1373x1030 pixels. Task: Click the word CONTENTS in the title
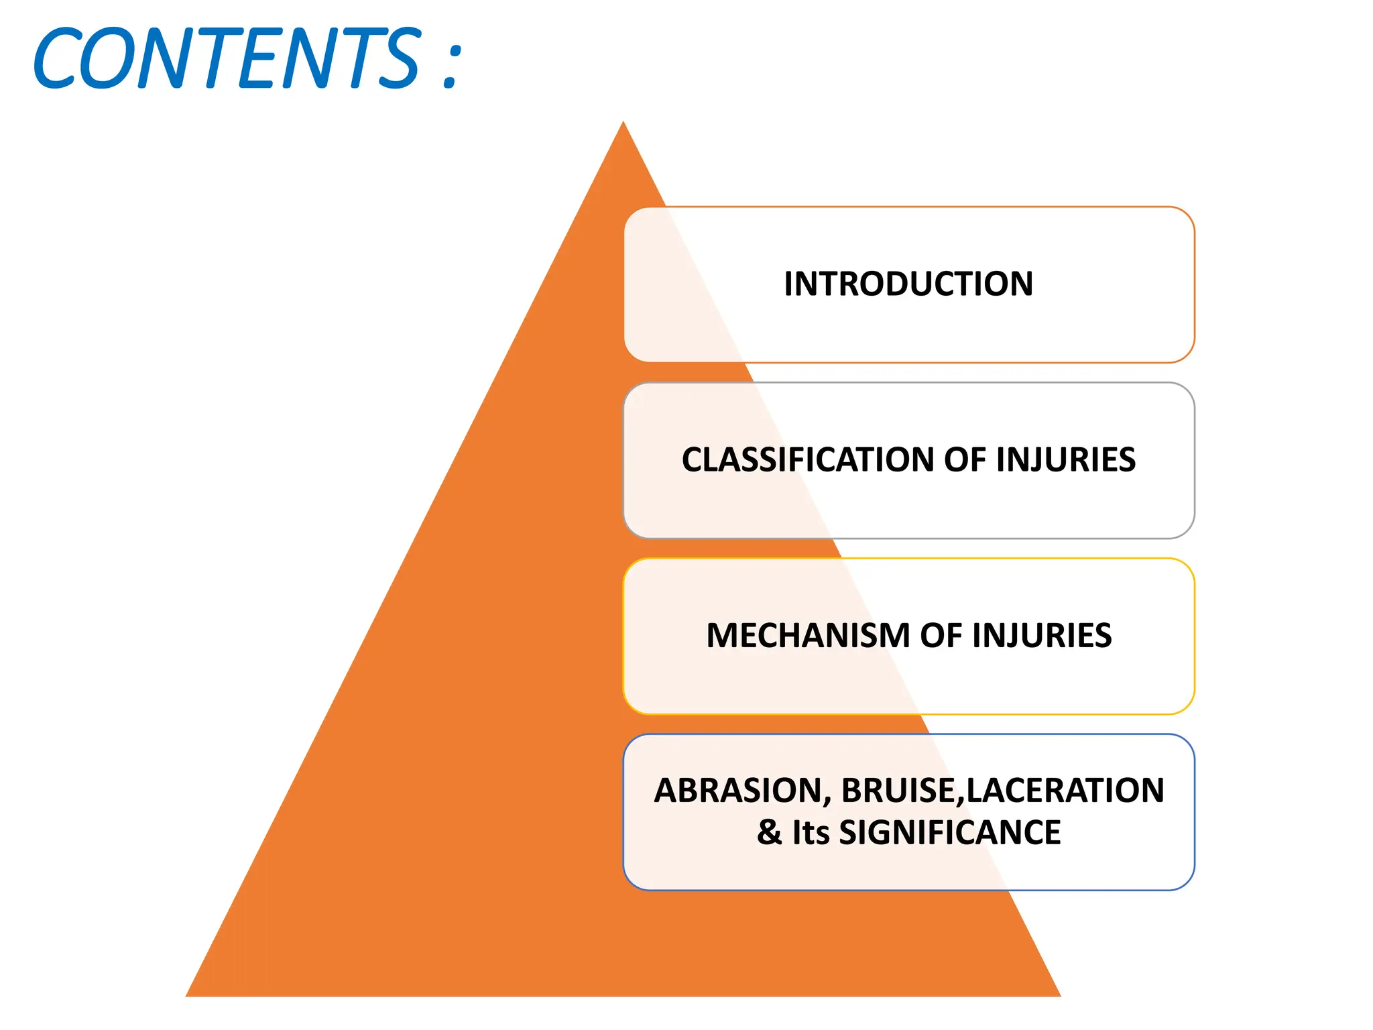228,59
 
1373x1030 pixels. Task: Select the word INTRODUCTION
908,284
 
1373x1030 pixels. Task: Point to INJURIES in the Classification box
1065,460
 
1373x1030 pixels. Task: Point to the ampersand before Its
770,833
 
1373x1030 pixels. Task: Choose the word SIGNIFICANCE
950,833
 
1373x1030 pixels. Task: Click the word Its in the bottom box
811,833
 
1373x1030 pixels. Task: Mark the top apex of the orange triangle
623,123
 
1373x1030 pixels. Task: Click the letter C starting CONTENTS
57,59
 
